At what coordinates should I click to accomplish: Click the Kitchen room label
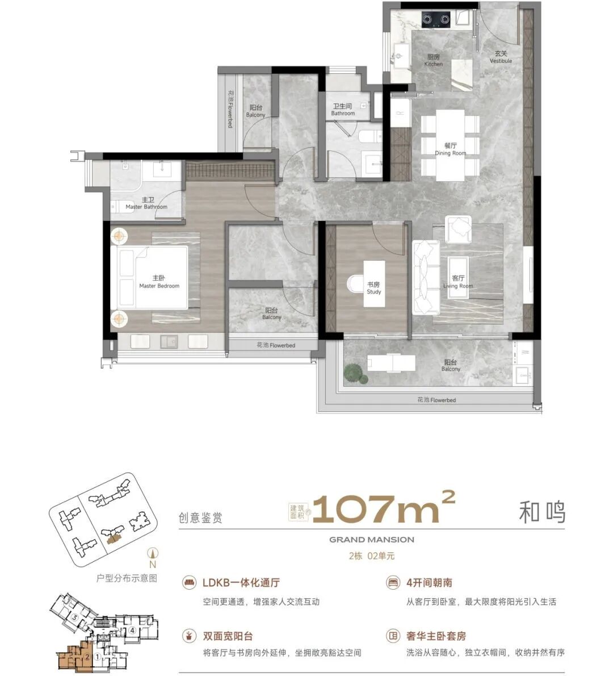(433, 60)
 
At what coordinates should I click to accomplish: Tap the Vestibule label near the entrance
(501, 57)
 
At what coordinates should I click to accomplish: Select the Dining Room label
(451, 149)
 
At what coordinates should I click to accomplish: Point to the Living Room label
(458, 282)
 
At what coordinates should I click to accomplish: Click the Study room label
(373, 288)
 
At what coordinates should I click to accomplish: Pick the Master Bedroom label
(159, 282)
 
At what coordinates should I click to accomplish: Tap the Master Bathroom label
(147, 203)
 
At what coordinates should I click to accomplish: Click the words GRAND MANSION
(372, 540)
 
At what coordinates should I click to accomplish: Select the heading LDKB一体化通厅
(241, 583)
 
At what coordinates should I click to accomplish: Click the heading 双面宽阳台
(228, 636)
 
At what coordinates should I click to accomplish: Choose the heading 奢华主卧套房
(436, 636)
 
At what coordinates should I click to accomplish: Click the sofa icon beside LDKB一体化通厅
(188, 583)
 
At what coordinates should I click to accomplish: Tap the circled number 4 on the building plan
(132, 631)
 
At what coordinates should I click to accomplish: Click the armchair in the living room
(459, 229)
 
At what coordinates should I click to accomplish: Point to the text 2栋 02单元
(372, 556)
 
